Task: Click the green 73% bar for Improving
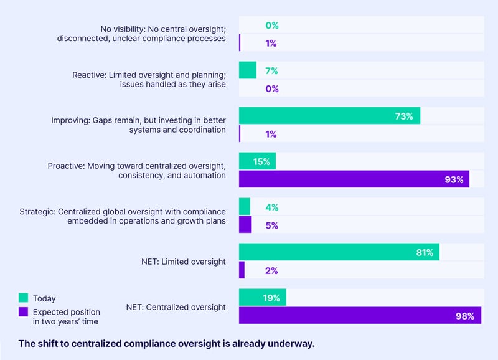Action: tap(329, 116)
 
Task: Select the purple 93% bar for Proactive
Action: tap(354, 179)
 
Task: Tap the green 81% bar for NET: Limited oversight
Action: tap(339, 252)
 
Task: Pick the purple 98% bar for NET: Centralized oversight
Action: tap(360, 316)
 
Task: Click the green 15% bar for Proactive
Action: tap(257, 161)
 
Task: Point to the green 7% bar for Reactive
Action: tap(247, 70)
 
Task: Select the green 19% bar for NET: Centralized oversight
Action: tap(262, 298)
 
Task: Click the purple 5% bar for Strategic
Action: tap(245, 225)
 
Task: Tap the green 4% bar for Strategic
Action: tap(244, 207)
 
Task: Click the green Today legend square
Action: tap(24, 298)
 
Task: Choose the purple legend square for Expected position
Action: tap(24, 311)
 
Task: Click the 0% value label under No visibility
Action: tap(271, 26)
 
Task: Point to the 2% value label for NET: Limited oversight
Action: tap(271, 271)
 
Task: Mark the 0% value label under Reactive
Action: tap(271, 89)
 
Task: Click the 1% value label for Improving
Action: tap(271, 135)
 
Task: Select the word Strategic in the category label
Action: tap(38, 211)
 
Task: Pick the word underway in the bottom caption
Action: tap(293, 343)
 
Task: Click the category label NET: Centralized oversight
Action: tap(176, 306)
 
